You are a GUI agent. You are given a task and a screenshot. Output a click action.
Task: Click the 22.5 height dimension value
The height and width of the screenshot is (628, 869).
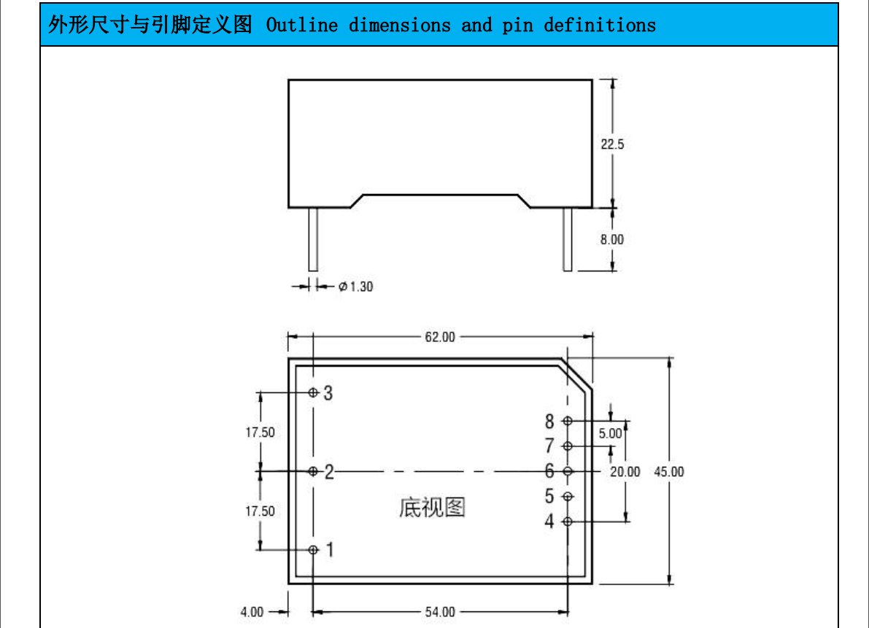[612, 144]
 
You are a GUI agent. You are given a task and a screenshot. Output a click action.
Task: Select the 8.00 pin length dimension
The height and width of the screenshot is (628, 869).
[612, 239]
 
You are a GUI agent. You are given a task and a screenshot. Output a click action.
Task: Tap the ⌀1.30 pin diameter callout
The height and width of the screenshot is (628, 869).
[355, 287]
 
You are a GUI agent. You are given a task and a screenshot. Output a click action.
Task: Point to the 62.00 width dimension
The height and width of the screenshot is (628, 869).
[439, 337]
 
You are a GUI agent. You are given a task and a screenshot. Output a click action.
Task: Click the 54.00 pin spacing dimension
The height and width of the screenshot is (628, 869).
[439, 612]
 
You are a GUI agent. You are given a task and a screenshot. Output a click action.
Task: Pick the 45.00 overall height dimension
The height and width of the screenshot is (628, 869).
[668, 472]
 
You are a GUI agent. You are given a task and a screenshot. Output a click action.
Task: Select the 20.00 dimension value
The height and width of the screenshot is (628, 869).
[625, 472]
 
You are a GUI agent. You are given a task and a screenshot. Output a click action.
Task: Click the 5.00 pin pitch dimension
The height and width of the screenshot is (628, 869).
[610, 433]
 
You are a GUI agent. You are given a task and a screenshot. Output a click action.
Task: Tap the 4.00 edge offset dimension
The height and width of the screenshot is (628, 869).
[252, 612]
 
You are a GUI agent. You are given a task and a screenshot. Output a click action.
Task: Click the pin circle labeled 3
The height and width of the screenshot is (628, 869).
[313, 392]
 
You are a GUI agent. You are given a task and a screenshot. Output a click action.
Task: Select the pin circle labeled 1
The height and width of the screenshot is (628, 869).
[313, 549]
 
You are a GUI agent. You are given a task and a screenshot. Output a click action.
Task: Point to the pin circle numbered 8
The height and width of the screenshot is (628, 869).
[568, 422]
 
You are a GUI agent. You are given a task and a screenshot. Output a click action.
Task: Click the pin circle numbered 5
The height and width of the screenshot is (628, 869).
[568, 497]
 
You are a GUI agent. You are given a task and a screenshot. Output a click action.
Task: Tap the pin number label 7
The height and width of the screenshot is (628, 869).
[549, 446]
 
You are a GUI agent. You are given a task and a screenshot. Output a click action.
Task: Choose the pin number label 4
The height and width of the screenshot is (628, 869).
[549, 522]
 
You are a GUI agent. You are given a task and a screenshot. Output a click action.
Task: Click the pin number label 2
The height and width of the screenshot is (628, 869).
[329, 472]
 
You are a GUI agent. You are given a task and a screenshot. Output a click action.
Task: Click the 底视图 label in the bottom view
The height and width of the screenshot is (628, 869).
[432, 507]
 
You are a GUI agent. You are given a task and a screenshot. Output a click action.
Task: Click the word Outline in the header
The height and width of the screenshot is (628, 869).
[302, 26]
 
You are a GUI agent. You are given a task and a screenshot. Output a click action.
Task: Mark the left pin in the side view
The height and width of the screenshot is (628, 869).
[313, 239]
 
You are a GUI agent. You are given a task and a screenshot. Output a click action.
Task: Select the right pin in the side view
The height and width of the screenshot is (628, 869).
[567, 239]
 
